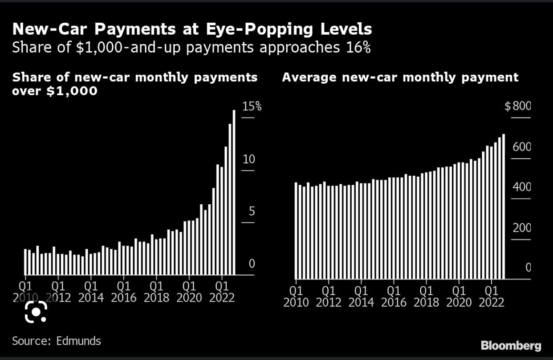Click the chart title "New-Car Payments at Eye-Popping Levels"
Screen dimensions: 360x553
coord(192,29)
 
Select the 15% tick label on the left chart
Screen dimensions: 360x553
coord(252,106)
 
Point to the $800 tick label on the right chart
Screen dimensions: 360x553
coord(518,106)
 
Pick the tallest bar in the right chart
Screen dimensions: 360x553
coord(504,206)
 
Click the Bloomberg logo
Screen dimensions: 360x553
coord(511,346)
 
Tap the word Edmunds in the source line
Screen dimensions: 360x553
coord(78,341)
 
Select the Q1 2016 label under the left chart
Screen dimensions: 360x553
coord(124,291)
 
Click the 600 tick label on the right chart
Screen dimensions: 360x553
coord(522,147)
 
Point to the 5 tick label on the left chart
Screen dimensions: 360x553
coord(252,211)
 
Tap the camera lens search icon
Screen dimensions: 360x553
coord(36,311)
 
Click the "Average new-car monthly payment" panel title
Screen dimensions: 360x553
coord(400,77)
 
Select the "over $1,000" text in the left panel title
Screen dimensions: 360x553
coord(55,91)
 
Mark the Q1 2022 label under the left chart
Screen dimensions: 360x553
coord(222,291)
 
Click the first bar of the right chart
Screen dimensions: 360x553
coord(296,230)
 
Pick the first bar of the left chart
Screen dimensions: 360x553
coord(25,262)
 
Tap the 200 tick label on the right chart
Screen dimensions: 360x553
coord(522,228)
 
